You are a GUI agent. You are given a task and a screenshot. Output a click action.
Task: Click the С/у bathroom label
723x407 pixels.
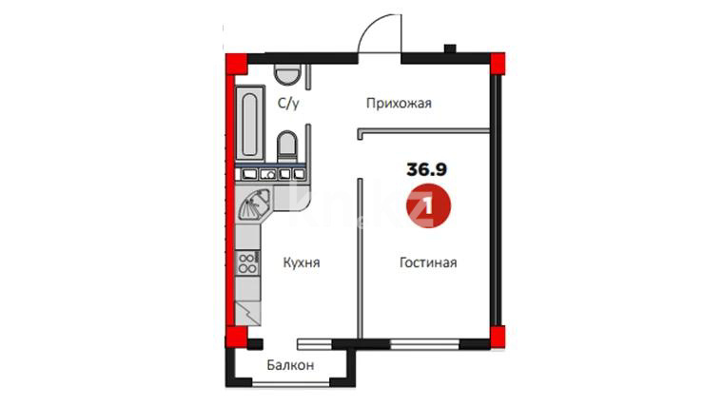pyautogui.click(x=288, y=104)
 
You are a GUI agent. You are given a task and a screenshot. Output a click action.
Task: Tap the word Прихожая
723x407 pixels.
pyautogui.click(x=399, y=104)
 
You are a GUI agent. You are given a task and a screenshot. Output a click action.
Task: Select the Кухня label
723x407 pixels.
pyautogui.click(x=302, y=262)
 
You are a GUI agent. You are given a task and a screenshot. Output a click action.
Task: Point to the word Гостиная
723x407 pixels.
pyautogui.click(x=428, y=262)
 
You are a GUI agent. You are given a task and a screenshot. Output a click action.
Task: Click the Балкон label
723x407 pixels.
pyautogui.click(x=290, y=365)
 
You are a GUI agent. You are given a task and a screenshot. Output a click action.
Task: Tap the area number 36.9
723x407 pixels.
pyautogui.click(x=426, y=169)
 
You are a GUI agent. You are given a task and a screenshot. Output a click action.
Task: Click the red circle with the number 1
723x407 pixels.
pyautogui.click(x=428, y=206)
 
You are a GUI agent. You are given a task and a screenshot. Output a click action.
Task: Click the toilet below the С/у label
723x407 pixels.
pyautogui.click(x=287, y=145)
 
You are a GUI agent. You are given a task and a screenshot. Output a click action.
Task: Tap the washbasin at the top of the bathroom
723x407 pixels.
pyautogui.click(x=287, y=74)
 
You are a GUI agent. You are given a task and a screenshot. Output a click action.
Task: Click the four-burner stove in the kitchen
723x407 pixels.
pyautogui.click(x=247, y=263)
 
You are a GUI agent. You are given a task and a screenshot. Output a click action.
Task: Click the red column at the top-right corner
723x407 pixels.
pyautogui.click(x=497, y=64)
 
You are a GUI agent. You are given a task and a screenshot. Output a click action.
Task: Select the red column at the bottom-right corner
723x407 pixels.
pyautogui.click(x=497, y=338)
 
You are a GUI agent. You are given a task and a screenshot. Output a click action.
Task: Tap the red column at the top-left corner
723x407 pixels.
pyautogui.click(x=236, y=64)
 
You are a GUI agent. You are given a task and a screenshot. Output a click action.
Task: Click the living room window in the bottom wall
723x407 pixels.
pyautogui.click(x=424, y=344)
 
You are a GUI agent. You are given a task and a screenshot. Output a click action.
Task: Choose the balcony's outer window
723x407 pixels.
pyautogui.click(x=290, y=382)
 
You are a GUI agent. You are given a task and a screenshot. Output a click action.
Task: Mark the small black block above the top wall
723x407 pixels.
pyautogui.click(x=450, y=48)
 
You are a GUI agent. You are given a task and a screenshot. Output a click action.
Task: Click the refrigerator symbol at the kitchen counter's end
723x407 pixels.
pyautogui.click(x=248, y=314)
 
